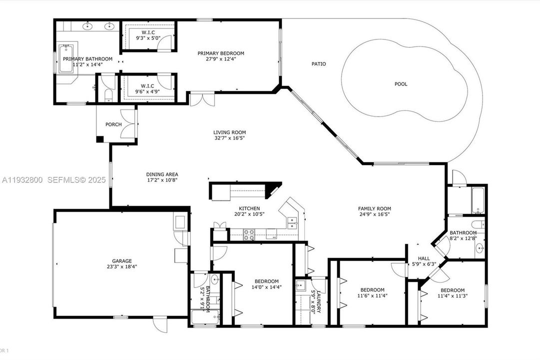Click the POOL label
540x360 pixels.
(x=401, y=84)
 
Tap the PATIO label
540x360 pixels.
(x=319, y=64)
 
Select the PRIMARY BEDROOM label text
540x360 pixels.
(x=221, y=53)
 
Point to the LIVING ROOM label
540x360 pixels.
(x=230, y=132)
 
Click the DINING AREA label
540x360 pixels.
(x=162, y=174)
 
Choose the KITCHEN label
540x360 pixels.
(x=249, y=208)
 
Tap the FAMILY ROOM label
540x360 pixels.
(x=374, y=208)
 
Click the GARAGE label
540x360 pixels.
(x=121, y=260)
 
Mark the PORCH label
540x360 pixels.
(x=113, y=124)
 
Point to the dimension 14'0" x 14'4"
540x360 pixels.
(x=266, y=287)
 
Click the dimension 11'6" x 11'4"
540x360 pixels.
(x=373, y=295)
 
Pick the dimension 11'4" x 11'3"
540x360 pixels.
(x=453, y=296)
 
